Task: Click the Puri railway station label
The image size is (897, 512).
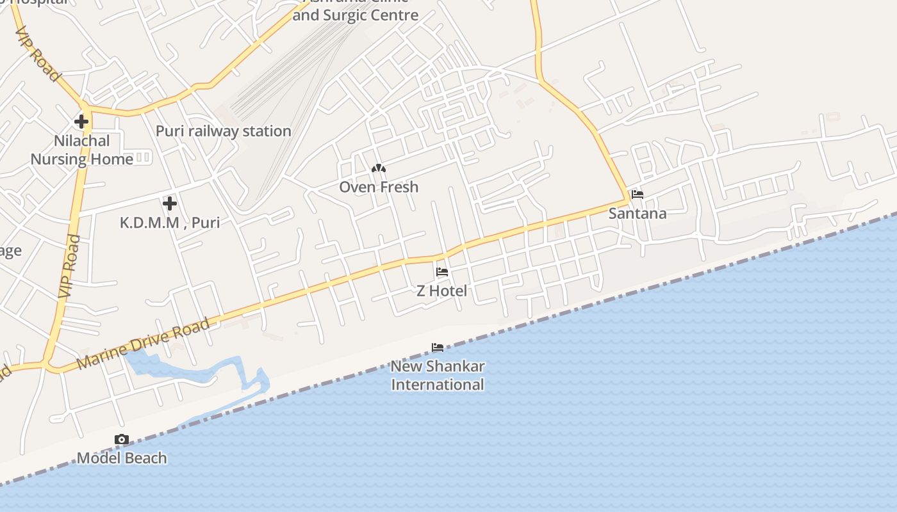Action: coord(224,131)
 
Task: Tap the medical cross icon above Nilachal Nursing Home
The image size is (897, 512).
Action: coord(81,121)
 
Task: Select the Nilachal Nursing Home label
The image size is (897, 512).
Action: coord(82,150)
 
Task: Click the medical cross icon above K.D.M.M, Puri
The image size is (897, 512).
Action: coord(170,204)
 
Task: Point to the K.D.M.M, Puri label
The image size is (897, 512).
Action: coord(170,223)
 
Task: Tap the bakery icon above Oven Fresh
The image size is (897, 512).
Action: coord(379,168)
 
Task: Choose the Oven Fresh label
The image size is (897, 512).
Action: coord(379,187)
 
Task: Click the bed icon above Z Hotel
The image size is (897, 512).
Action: coord(442,272)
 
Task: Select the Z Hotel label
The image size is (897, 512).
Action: coord(441,291)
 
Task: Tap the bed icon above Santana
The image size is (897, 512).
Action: coord(638,195)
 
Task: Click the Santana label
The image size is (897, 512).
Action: coord(638,213)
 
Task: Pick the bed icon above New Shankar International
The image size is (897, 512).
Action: coord(438,348)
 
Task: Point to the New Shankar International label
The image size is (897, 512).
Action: coord(438,376)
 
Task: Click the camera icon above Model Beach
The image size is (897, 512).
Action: coord(122,439)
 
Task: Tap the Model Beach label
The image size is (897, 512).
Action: coord(122,458)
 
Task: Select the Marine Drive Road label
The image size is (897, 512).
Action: coord(144,343)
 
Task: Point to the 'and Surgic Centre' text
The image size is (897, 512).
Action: coord(356,15)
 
